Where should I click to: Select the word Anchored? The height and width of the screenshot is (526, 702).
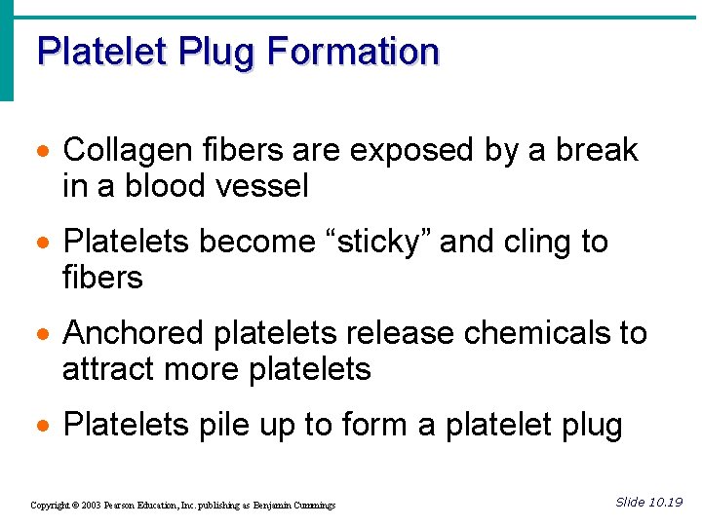pos(134,333)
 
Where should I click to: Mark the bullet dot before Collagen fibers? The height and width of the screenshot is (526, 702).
pos(42,152)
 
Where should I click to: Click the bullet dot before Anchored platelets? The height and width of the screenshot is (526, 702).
pos(42,335)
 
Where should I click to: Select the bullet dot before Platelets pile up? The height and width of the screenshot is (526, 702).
pos(42,427)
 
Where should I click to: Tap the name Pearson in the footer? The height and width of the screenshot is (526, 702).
pos(126,506)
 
